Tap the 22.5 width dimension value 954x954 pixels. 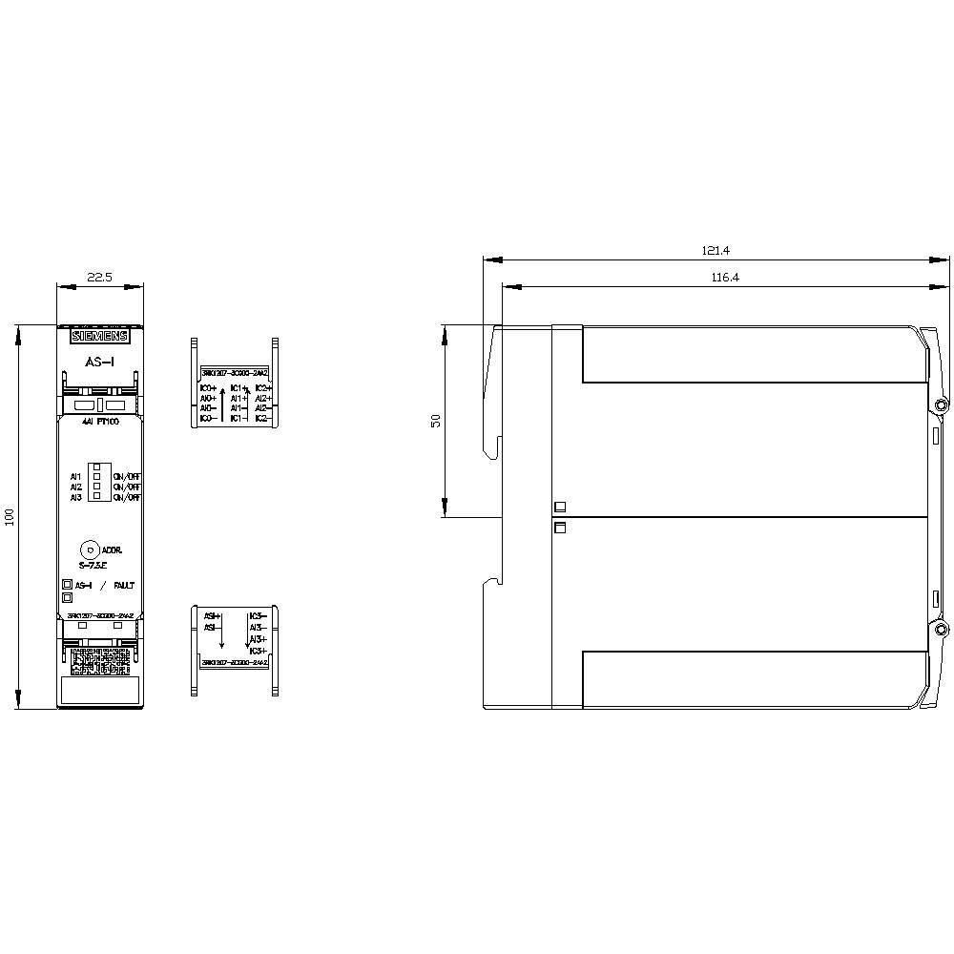[100, 277]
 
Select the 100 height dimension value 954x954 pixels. [10, 517]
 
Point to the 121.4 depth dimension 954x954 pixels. [715, 251]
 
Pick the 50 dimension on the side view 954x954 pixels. [435, 421]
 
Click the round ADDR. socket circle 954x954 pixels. [89, 550]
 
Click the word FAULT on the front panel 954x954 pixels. [126, 585]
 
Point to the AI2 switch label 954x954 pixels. [75, 487]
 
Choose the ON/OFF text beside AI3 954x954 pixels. [126, 497]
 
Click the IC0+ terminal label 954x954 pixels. [207, 389]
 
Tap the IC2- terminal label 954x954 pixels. [263, 418]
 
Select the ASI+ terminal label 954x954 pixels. [212, 616]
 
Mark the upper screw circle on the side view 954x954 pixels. [941, 406]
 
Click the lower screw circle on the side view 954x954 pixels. [941, 631]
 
